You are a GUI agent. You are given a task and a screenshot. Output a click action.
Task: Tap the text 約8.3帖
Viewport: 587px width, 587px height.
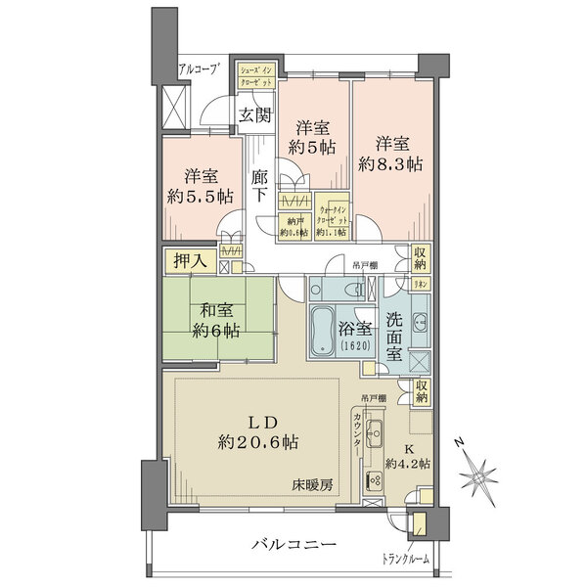tap(390, 163)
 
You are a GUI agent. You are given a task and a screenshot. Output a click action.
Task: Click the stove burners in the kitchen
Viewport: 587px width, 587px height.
tap(374, 479)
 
